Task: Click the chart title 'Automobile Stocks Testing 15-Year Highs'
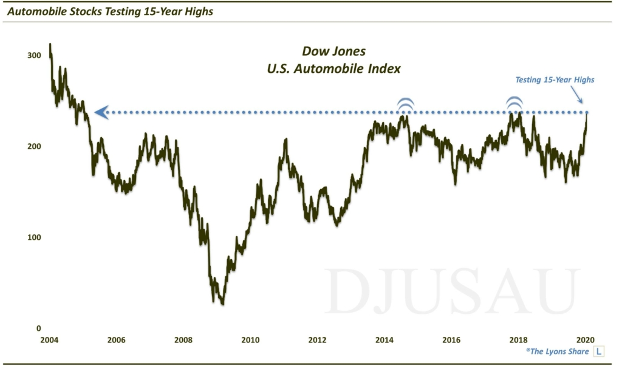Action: [x=109, y=11]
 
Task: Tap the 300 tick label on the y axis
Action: [x=35, y=55]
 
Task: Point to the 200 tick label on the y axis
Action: [x=35, y=146]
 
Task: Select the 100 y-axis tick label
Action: [x=35, y=237]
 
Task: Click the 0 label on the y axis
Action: [x=38, y=328]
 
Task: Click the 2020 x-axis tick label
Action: [x=585, y=340]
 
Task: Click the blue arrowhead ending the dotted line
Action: [x=101, y=112]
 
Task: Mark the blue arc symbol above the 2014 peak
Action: [x=405, y=104]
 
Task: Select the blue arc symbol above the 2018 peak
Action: [x=514, y=104]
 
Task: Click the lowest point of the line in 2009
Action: [x=223, y=303]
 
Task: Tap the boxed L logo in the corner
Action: [x=599, y=351]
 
